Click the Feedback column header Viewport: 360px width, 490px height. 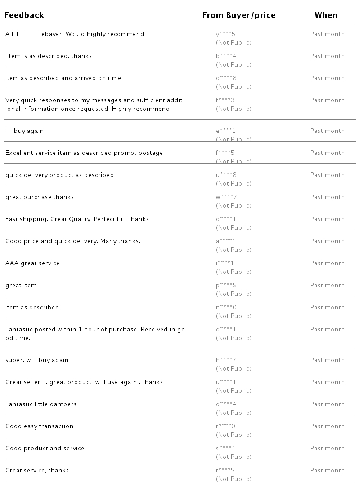(24, 15)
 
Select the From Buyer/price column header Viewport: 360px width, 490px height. (239, 15)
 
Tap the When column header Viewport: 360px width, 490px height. (326, 15)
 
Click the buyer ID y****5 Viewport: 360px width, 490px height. (225, 34)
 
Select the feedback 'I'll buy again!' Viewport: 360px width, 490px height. (26, 131)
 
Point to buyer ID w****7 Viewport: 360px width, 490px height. (226, 197)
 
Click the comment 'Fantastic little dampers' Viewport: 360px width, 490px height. (41, 404)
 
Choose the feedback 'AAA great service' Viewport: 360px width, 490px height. (32, 263)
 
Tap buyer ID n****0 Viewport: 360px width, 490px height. (226, 308)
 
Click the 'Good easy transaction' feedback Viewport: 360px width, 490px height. (40, 426)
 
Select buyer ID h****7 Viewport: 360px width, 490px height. (226, 360)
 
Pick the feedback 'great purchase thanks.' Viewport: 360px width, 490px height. (40, 197)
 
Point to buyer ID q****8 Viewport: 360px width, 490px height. (226, 78)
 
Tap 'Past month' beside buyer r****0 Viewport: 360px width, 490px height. (327, 426)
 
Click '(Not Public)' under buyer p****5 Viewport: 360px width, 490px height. (234, 294)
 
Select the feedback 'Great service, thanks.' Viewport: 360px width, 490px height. (38, 471)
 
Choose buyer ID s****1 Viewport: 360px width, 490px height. (225, 449)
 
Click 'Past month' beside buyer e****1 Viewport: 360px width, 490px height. (327, 131)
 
